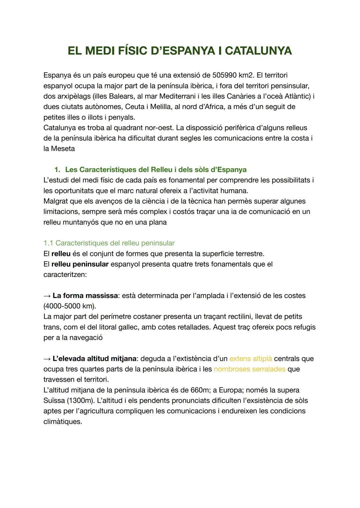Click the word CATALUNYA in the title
point(258,51)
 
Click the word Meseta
point(63,149)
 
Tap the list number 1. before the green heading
point(57,170)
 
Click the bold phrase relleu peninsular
point(80,264)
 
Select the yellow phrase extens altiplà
point(251,359)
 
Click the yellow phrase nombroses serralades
point(249,369)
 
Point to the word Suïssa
point(54,400)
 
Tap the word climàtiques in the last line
point(62,422)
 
